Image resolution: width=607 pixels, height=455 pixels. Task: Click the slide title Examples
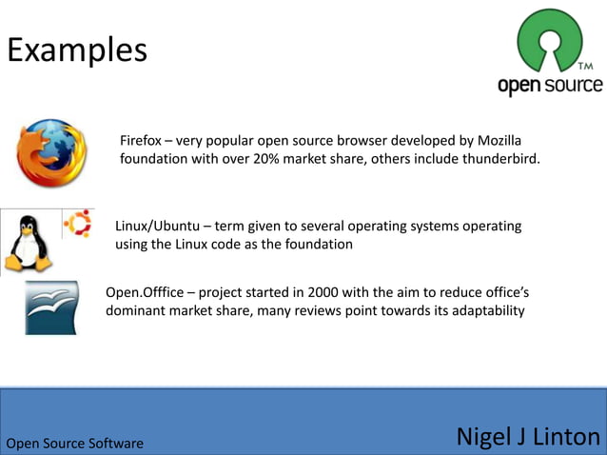click(77, 49)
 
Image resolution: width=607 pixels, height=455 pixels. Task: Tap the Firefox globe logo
click(51, 152)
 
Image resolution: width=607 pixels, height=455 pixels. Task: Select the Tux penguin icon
click(29, 243)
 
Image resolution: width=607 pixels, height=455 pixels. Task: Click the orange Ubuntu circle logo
click(76, 224)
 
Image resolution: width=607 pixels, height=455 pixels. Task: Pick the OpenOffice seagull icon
click(51, 307)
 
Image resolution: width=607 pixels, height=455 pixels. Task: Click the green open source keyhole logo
click(549, 42)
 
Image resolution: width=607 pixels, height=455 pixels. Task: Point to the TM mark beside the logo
click(585, 67)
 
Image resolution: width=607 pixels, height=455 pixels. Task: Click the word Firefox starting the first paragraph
click(140, 140)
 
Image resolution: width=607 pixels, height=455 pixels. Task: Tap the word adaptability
click(482, 310)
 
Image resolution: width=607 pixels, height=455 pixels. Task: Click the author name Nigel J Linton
click(528, 437)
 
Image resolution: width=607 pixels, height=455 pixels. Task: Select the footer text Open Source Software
click(75, 444)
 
